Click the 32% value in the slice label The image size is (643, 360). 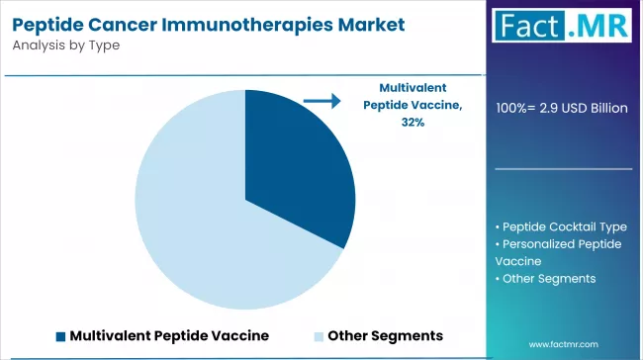point(413,122)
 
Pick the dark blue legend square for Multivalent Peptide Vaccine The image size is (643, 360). point(60,335)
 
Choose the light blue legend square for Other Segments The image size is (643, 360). point(318,335)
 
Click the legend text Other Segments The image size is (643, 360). point(385,335)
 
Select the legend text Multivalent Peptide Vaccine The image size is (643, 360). point(169,335)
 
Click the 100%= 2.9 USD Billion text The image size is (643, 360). point(562,108)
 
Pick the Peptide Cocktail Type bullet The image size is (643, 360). point(561,226)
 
